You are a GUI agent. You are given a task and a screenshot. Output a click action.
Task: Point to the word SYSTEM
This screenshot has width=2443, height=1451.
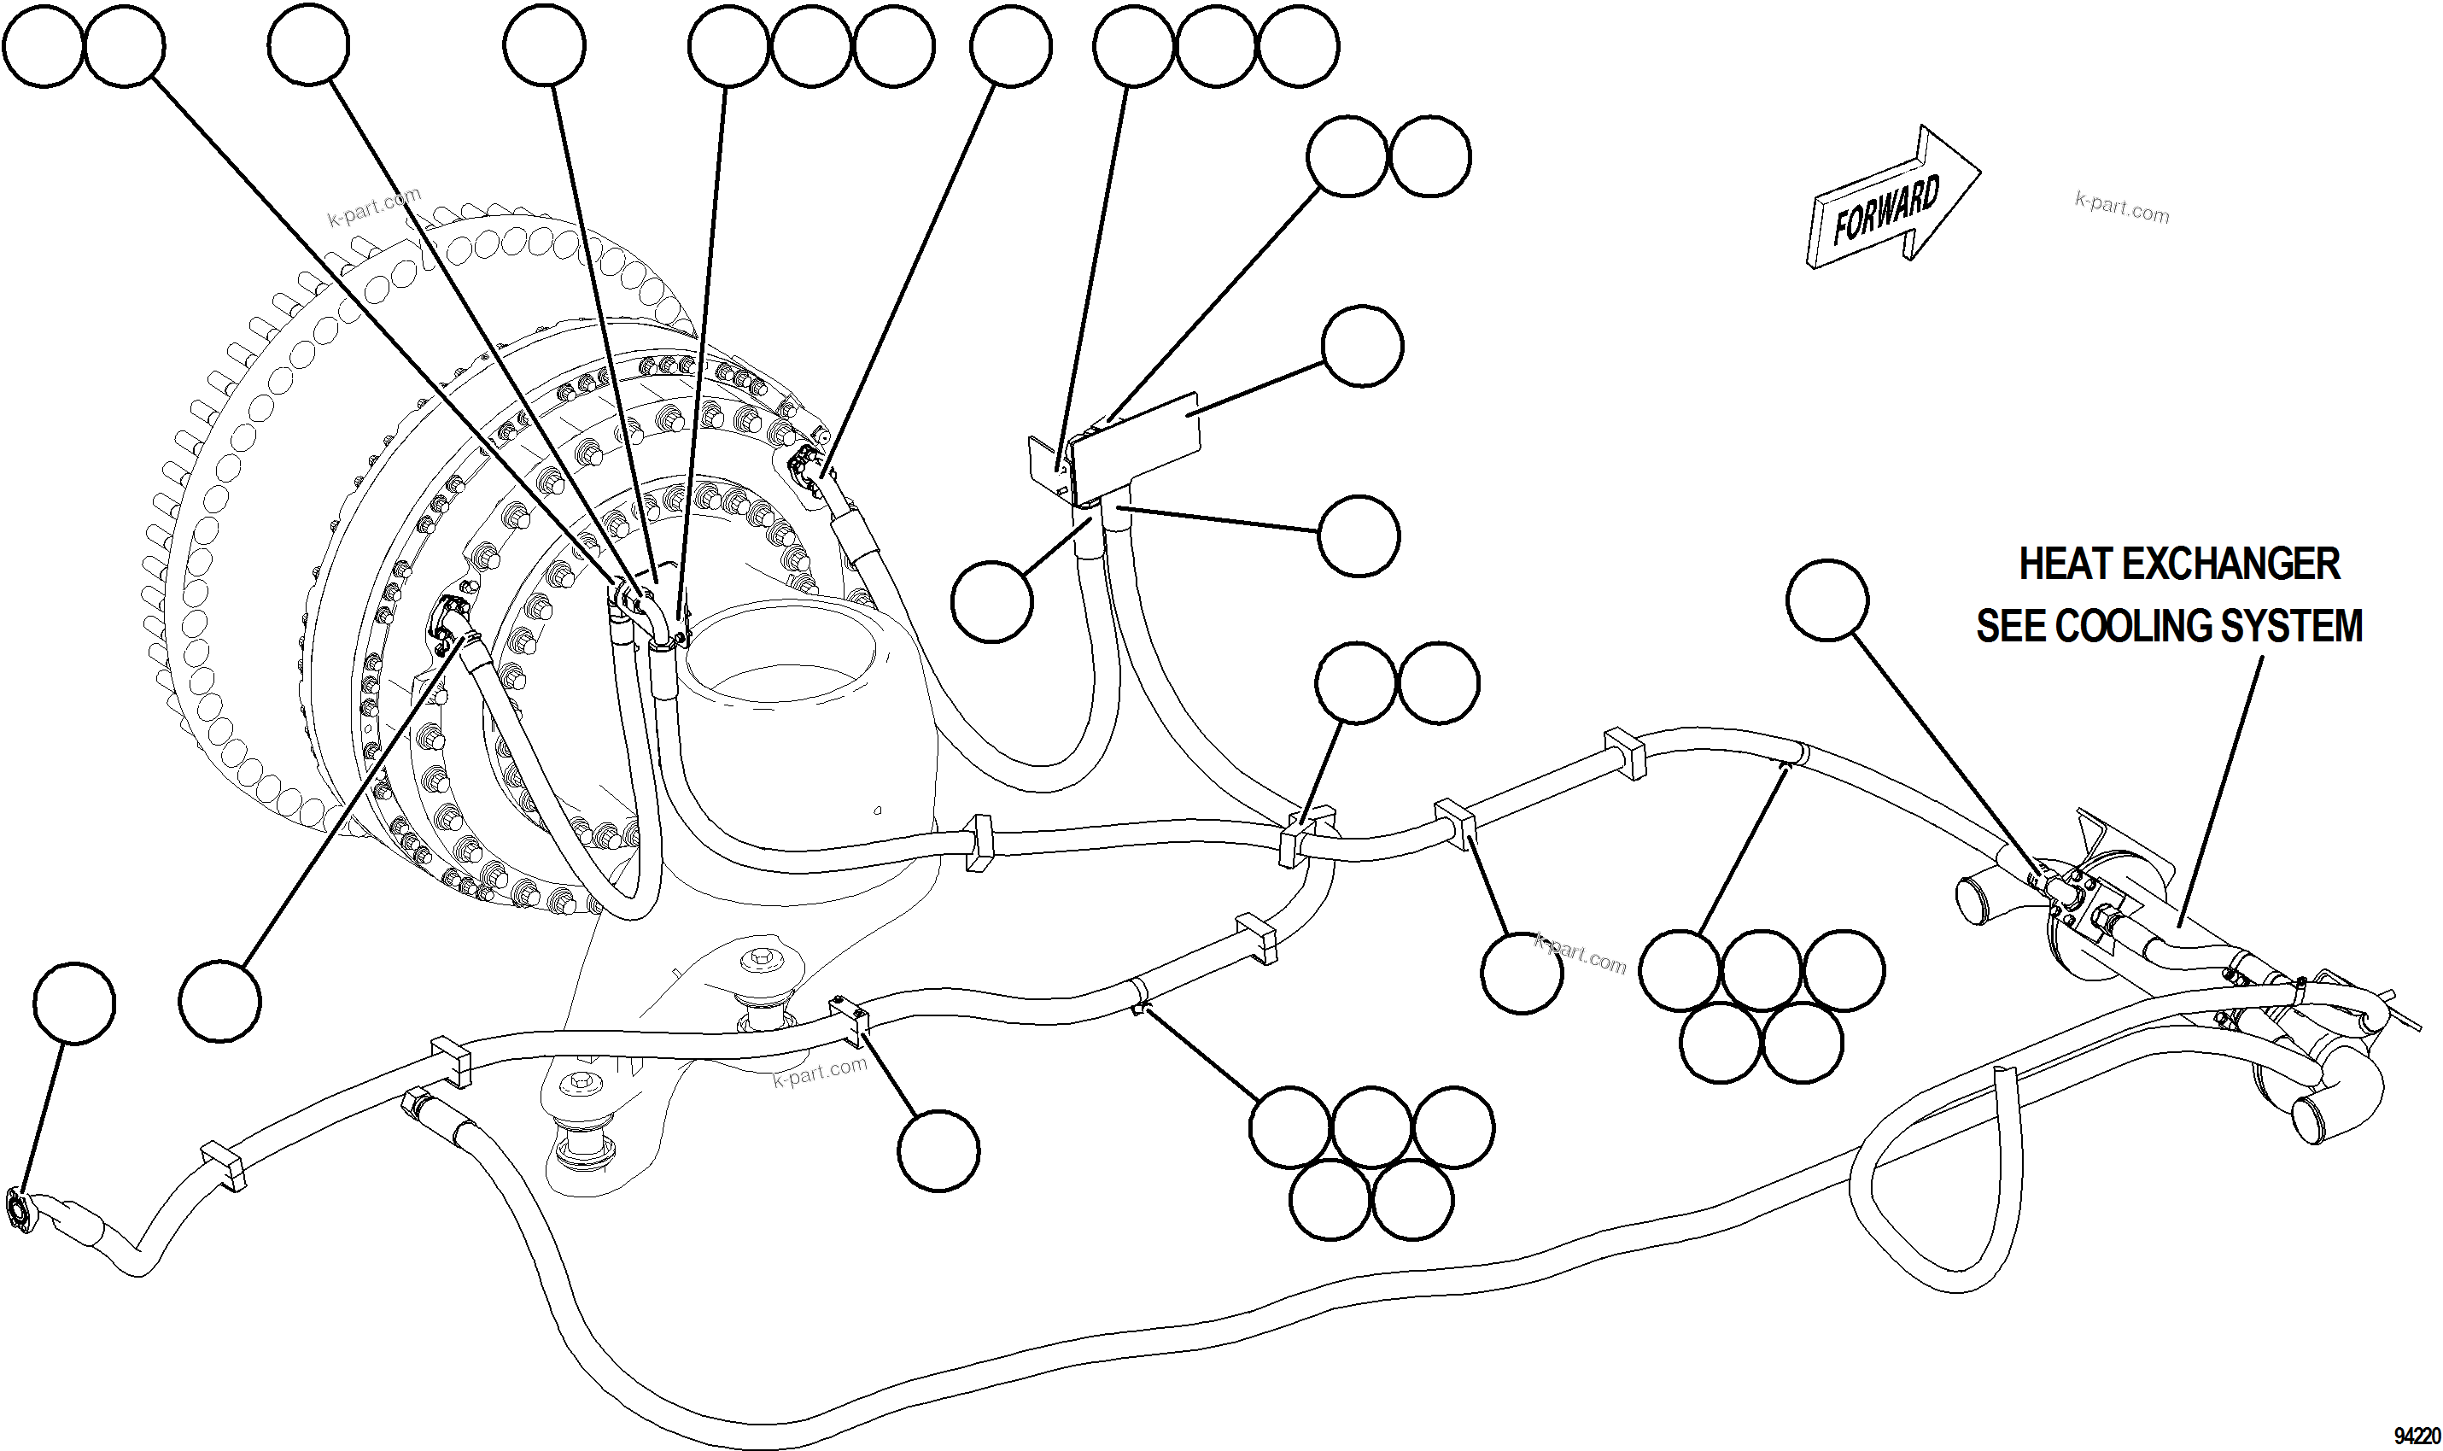2302,627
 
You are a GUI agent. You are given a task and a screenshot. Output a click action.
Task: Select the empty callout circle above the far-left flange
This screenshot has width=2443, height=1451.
73,1003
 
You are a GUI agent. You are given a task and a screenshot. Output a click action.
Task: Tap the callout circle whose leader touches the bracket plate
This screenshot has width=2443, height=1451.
1362,346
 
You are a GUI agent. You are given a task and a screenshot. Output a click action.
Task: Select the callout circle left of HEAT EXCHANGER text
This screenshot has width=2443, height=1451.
1827,600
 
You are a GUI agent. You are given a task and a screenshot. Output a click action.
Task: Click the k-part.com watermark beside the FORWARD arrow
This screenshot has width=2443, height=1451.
2121,208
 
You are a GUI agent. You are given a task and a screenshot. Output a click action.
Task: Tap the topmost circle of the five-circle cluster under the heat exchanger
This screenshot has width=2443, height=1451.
1761,970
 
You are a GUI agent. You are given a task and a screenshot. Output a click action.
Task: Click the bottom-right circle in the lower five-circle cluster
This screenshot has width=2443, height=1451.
1412,1199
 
